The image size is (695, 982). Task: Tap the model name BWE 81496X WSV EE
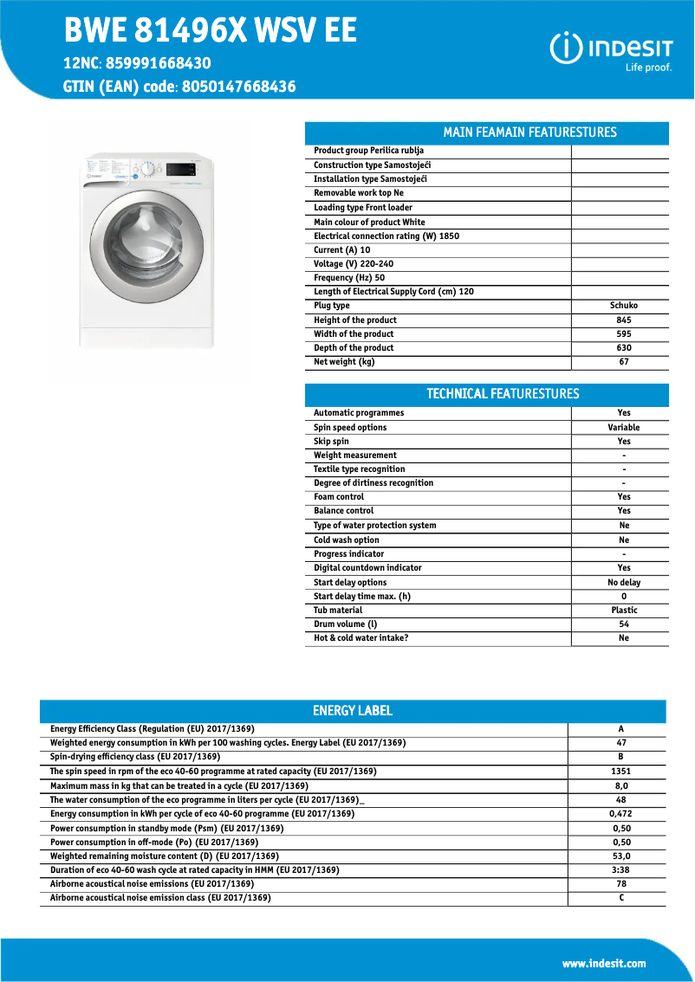[x=211, y=31]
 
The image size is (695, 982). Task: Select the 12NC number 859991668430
[x=156, y=63]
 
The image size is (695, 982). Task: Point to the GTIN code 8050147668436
[x=238, y=87]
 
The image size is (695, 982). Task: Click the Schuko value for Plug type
[x=624, y=306]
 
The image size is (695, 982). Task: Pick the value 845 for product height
[x=624, y=320]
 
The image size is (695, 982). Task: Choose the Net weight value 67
[x=624, y=362]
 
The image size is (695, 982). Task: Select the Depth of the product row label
[x=354, y=348]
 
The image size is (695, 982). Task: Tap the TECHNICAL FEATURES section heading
[x=503, y=394]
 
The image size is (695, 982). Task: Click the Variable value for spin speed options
[x=624, y=428]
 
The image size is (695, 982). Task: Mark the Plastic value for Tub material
[x=624, y=611]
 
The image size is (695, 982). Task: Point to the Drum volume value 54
[x=624, y=624]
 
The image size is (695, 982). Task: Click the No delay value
[x=624, y=583]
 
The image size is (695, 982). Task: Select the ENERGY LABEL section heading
[x=353, y=711]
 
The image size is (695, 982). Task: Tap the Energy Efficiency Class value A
[x=621, y=729]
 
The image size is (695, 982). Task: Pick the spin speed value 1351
[x=621, y=772]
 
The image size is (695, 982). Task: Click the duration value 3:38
[x=621, y=870]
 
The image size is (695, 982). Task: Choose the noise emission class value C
[x=621, y=898]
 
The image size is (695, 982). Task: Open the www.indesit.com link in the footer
[x=604, y=964]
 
